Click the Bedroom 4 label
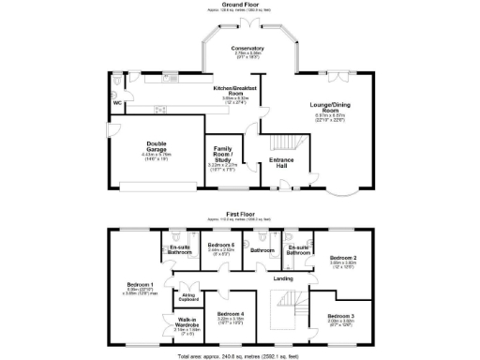(230, 314)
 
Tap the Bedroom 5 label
(221, 245)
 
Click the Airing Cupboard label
(188, 296)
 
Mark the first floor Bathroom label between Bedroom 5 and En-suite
(262, 250)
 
